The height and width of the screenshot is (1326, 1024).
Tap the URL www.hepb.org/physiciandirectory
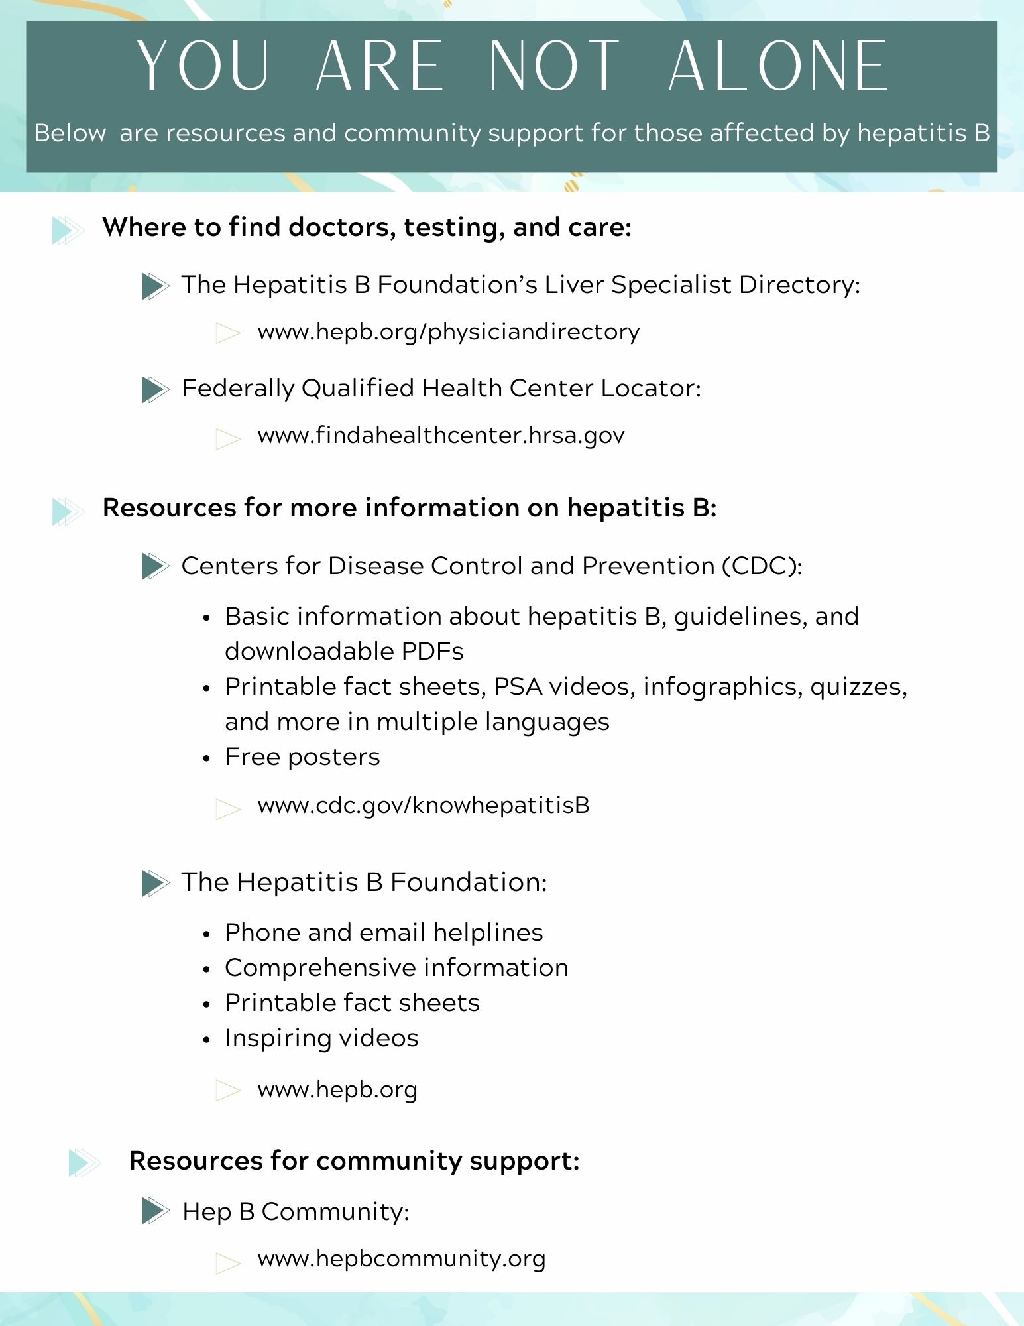pos(448,331)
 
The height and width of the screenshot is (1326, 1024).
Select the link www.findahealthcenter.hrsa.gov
pos(441,436)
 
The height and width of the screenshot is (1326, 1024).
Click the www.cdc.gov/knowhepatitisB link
pos(423,805)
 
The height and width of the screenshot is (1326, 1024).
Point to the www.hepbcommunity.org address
pos(401,1258)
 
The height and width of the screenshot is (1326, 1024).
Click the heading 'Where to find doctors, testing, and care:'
pos(367,227)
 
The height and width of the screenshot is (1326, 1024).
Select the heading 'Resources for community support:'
pos(354,1161)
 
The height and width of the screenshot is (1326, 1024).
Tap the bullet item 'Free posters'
pos(302,757)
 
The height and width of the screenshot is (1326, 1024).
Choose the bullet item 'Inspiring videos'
pos(321,1038)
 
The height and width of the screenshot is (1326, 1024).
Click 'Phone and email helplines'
pos(384,933)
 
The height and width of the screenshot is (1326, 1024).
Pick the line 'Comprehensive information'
pos(396,968)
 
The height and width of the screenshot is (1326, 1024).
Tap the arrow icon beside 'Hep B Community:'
pos(156,1211)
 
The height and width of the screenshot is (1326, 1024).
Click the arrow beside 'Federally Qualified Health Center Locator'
pos(156,389)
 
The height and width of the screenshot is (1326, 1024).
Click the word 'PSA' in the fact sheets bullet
pos(518,687)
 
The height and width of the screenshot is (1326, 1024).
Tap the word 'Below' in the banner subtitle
pos(70,133)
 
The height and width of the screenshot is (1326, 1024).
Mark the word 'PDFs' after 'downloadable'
pos(432,652)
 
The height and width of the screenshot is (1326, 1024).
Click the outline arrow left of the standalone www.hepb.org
pos(228,1091)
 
